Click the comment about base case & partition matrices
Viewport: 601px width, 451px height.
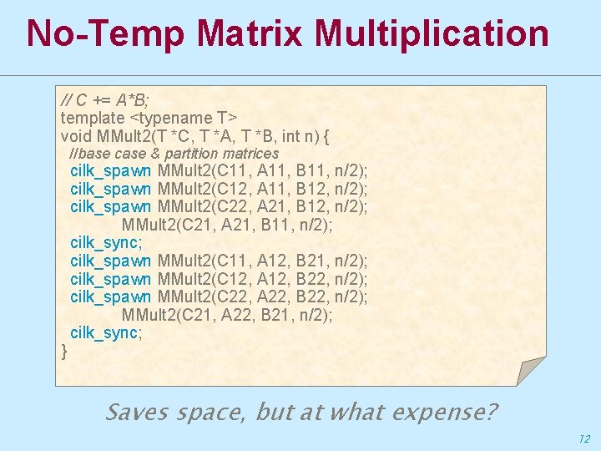pos(174,154)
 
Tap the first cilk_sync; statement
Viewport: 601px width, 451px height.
pos(106,242)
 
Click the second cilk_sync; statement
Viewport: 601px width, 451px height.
pos(106,332)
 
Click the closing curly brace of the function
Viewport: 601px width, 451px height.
pos(65,351)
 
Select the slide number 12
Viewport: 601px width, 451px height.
pos(583,438)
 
